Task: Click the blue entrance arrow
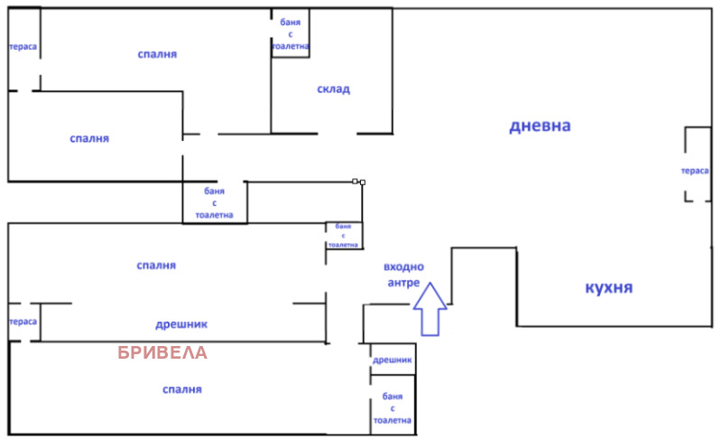click(430, 309)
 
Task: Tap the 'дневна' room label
click(540, 126)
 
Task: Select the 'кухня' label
click(608, 287)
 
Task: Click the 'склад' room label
click(333, 89)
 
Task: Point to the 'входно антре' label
click(403, 275)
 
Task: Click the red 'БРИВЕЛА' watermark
click(163, 352)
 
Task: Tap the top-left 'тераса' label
click(23, 48)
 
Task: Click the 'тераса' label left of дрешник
click(23, 322)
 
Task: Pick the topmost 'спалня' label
click(157, 54)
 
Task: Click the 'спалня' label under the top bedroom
click(89, 138)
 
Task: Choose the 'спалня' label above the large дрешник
click(156, 265)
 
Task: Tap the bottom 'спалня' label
click(182, 389)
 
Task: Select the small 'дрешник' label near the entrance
click(393, 360)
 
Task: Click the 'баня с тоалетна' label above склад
click(291, 33)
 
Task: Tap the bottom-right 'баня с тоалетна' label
click(392, 408)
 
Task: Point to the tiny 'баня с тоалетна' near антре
click(343, 235)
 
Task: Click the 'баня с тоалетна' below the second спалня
click(214, 203)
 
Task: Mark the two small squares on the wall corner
click(358, 182)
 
